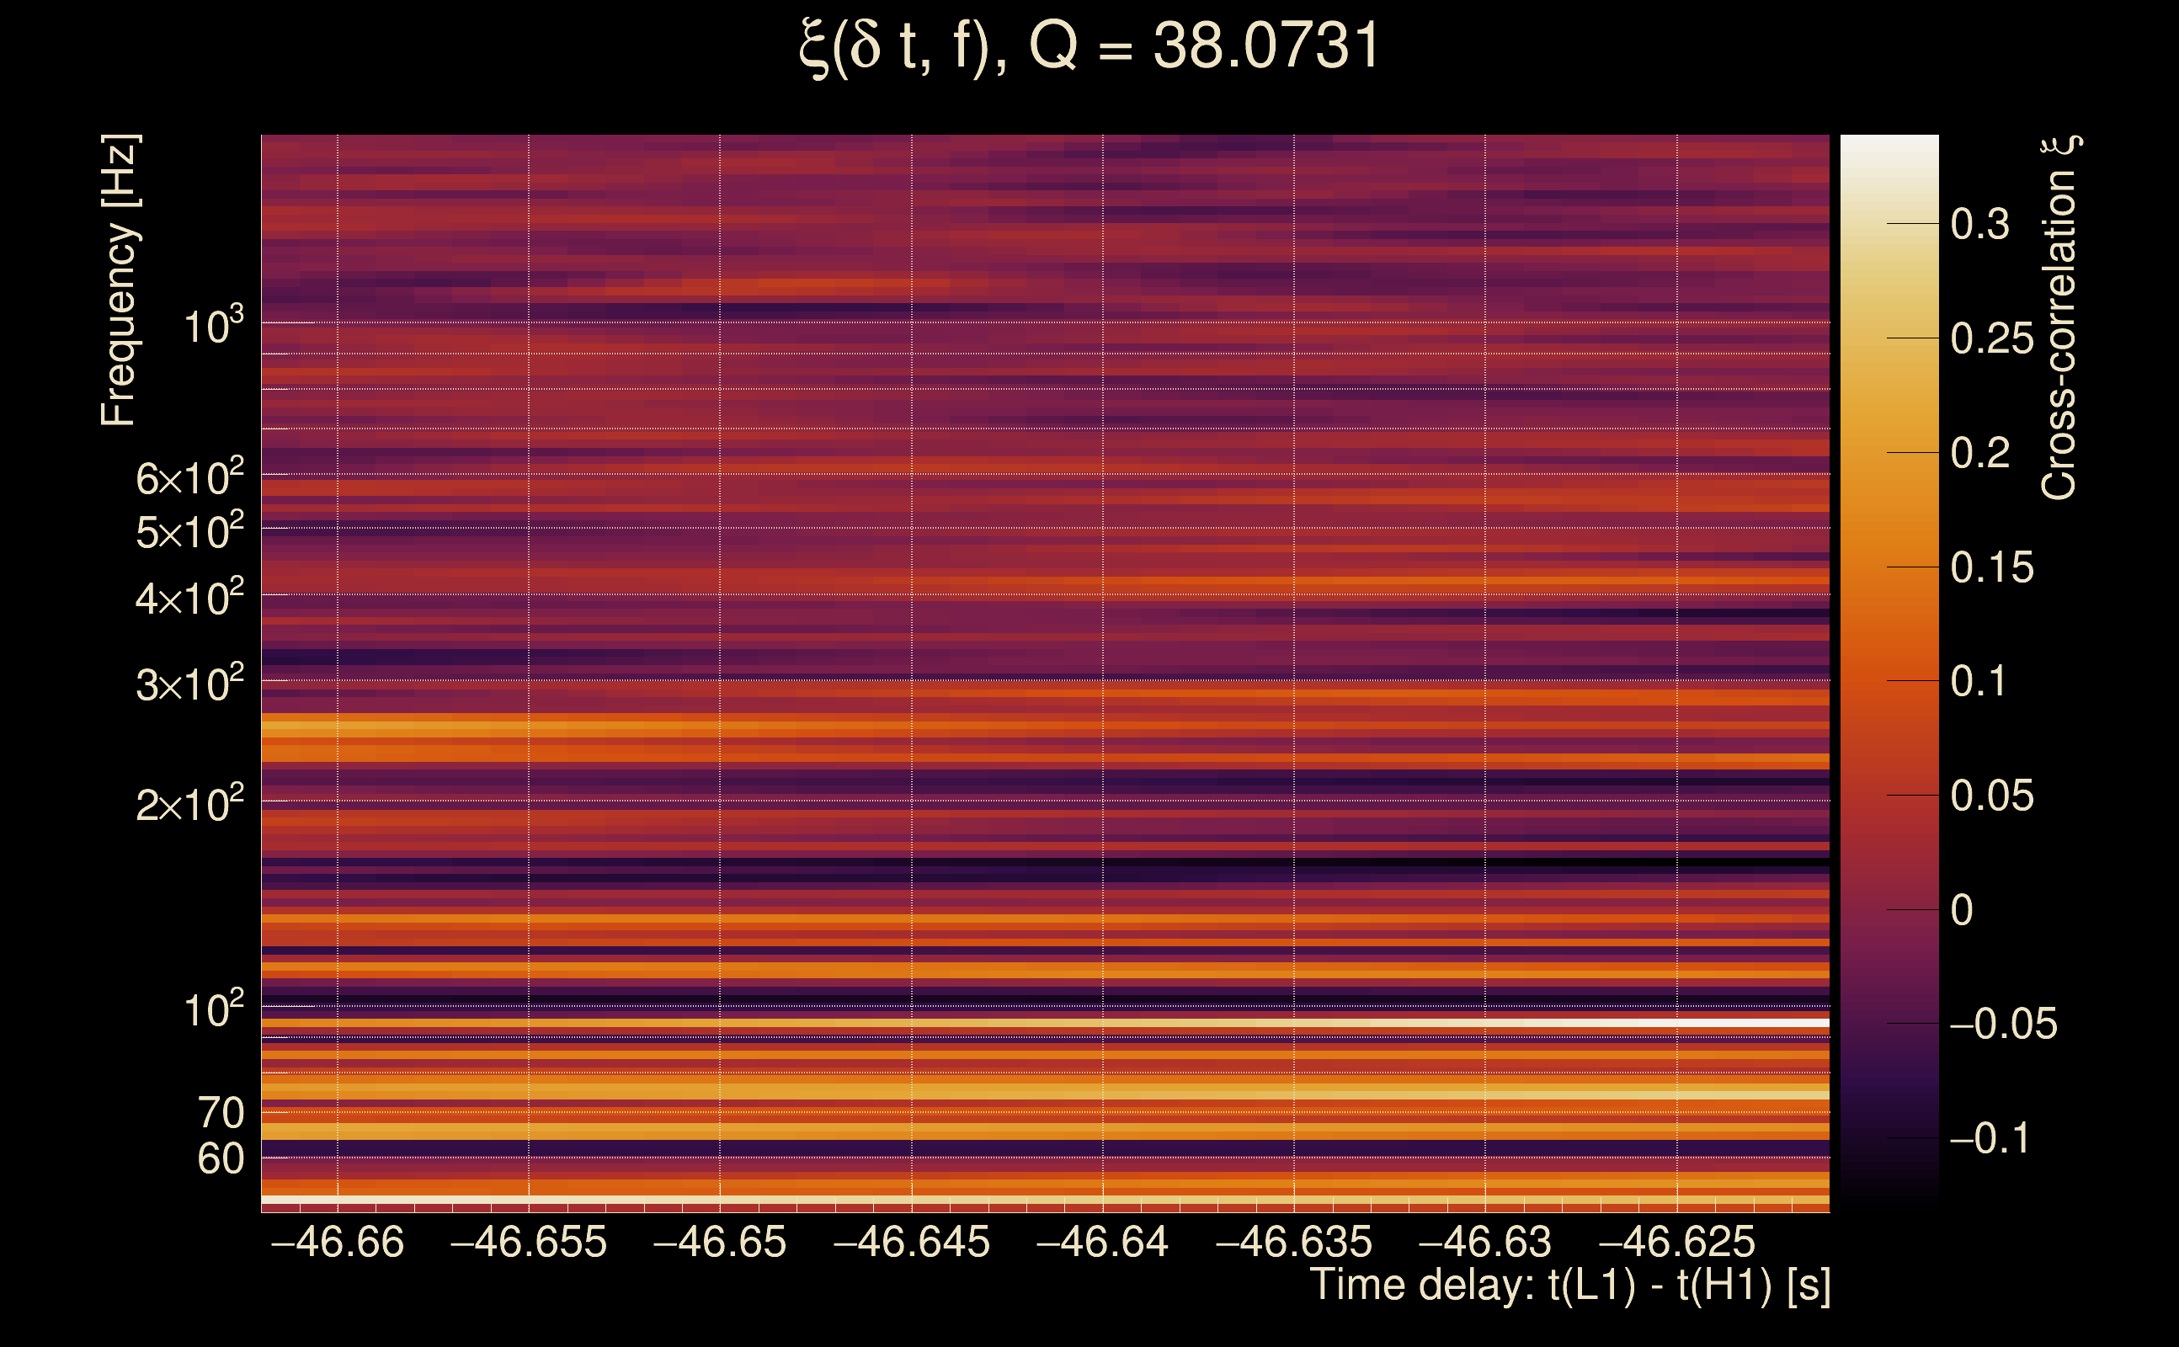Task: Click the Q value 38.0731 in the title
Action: tap(1265, 46)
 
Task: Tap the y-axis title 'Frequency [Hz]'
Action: tap(119, 280)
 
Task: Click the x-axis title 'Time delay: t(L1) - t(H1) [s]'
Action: tap(1569, 1285)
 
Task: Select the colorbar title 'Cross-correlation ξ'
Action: tap(2059, 317)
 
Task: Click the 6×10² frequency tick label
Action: tap(189, 478)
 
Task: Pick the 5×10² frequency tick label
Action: tap(189, 532)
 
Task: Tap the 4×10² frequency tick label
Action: tap(189, 598)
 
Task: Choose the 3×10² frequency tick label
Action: tap(189, 684)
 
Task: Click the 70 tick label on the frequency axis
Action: tap(220, 1113)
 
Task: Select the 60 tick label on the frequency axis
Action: tap(220, 1159)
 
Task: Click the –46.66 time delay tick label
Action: tap(337, 1242)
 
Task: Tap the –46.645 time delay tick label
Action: tap(911, 1242)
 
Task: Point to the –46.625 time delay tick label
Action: tap(1676, 1242)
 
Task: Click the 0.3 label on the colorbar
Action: tap(1979, 224)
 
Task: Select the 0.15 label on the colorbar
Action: tap(1992, 567)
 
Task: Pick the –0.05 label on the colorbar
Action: tap(2003, 1024)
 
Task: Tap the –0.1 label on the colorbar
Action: tap(1990, 1137)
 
